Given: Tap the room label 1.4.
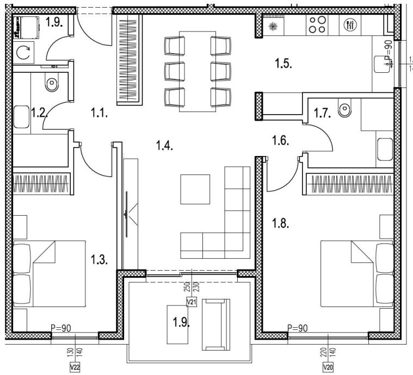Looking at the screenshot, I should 165,146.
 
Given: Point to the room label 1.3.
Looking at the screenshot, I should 100,259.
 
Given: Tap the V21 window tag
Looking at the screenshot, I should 191,302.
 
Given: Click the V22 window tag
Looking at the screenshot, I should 75,367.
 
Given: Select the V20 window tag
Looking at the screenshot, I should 328,367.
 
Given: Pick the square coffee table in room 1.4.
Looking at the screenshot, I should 195,189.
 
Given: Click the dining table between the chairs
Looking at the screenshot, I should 195,67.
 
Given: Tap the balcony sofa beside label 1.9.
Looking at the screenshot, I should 215,325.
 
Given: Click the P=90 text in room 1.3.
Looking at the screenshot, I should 61,328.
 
